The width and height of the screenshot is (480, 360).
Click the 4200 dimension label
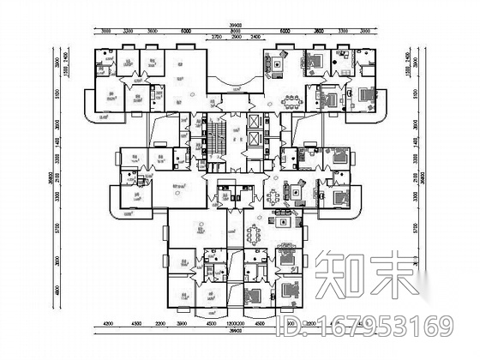click(x=108, y=324)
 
